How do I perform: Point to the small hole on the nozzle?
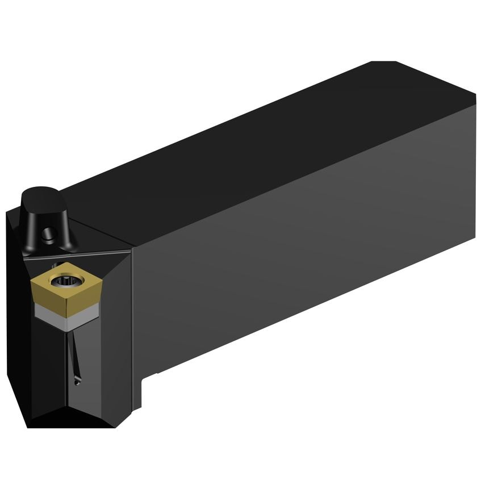[49, 232]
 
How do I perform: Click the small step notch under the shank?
[149, 375]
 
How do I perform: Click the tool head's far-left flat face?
[17, 318]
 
